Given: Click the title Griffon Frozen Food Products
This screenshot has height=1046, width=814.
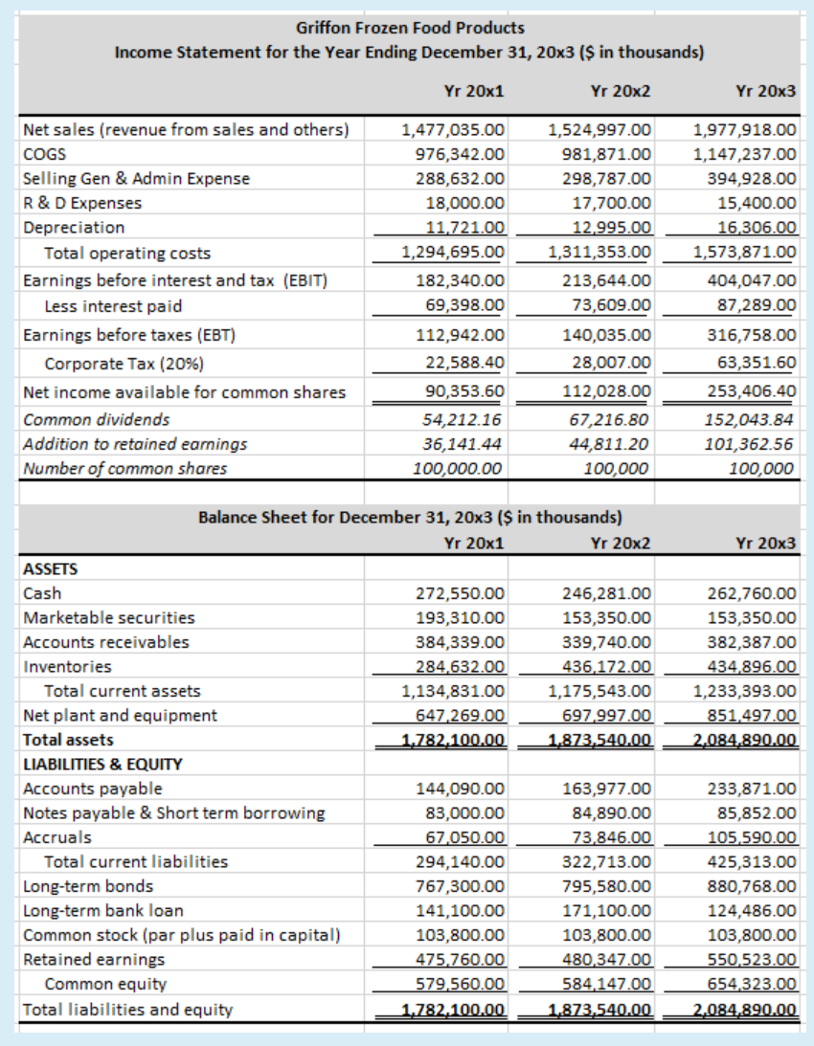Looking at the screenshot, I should point(410,28).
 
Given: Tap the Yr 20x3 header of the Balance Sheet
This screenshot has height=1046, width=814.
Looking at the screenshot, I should point(765,543).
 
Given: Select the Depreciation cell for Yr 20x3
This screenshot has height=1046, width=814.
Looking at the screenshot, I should point(757,228).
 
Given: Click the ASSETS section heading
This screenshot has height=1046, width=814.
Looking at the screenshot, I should point(50,568).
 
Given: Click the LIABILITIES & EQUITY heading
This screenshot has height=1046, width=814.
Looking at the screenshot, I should point(102,764).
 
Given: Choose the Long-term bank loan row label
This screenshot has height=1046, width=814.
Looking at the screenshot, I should point(102,910).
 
